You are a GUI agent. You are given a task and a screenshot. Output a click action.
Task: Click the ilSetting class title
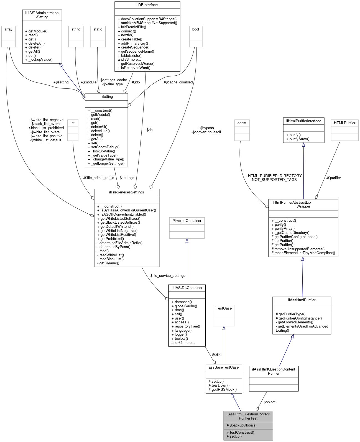(x=106, y=97)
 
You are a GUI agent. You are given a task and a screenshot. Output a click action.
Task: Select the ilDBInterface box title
(x=147, y=5)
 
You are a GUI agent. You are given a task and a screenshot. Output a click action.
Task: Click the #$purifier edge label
(x=333, y=178)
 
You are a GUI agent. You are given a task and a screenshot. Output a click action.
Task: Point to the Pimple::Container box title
(x=187, y=221)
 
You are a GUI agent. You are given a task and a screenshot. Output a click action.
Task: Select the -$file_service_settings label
(x=167, y=275)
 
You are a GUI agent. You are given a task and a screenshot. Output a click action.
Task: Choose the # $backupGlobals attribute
(x=241, y=425)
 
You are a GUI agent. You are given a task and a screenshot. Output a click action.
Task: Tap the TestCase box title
(x=224, y=308)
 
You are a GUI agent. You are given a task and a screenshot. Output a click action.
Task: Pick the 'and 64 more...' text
(x=183, y=343)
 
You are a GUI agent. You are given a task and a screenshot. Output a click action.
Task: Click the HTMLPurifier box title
(x=344, y=123)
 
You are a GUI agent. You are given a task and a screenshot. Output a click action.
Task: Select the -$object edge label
(x=269, y=402)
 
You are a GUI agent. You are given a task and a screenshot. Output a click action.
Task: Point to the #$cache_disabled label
(x=178, y=82)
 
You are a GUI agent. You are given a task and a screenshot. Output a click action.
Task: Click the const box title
(x=242, y=123)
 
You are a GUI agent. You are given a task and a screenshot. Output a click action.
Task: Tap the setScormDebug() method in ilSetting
(x=105, y=147)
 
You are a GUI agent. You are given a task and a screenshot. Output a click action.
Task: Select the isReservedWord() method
(x=136, y=68)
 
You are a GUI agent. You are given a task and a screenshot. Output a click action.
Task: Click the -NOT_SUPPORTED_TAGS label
(x=274, y=180)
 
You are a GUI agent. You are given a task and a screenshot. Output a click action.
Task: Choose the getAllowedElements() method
(x=295, y=322)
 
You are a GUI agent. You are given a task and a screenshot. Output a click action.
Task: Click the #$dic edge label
(x=216, y=355)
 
